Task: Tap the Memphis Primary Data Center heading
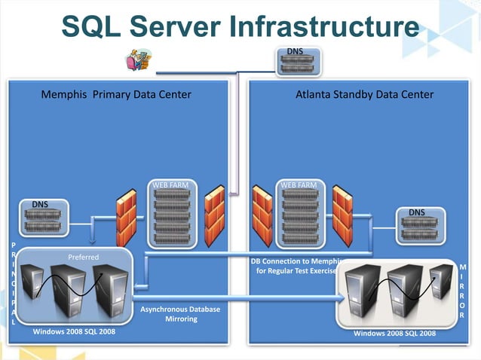click(x=115, y=95)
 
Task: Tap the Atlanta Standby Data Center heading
click(x=365, y=95)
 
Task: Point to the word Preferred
click(x=83, y=257)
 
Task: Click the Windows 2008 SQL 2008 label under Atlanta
click(x=394, y=333)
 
